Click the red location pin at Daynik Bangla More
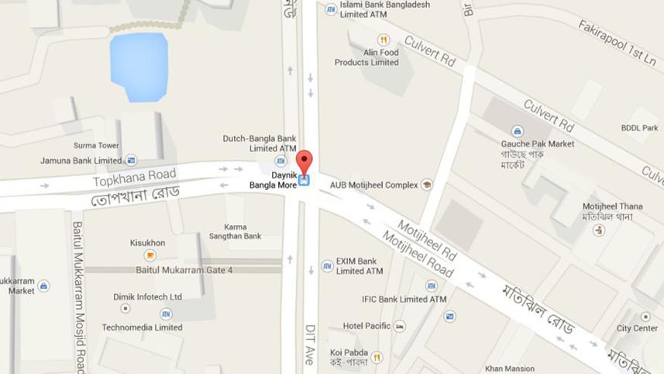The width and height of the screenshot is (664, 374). [x=304, y=162]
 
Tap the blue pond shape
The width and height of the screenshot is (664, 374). [x=139, y=67]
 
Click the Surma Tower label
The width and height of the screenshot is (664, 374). [x=96, y=145]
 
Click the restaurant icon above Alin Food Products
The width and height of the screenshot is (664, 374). [x=383, y=40]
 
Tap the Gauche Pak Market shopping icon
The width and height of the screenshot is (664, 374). [x=517, y=131]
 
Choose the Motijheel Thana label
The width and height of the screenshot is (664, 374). [x=607, y=206]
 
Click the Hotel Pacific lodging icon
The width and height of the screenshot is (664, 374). [x=399, y=327]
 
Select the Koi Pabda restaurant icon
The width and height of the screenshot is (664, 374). [x=377, y=358]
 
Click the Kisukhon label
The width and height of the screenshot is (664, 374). [x=147, y=243]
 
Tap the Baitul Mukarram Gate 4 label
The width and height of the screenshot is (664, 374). [x=184, y=270]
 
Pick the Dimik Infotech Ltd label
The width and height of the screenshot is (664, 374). [x=147, y=296]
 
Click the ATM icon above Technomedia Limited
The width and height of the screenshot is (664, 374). [x=166, y=314]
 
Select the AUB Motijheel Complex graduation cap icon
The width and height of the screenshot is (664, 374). [x=425, y=185]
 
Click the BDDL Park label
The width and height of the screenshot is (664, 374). [x=639, y=128]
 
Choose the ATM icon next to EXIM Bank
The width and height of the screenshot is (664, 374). [x=328, y=266]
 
